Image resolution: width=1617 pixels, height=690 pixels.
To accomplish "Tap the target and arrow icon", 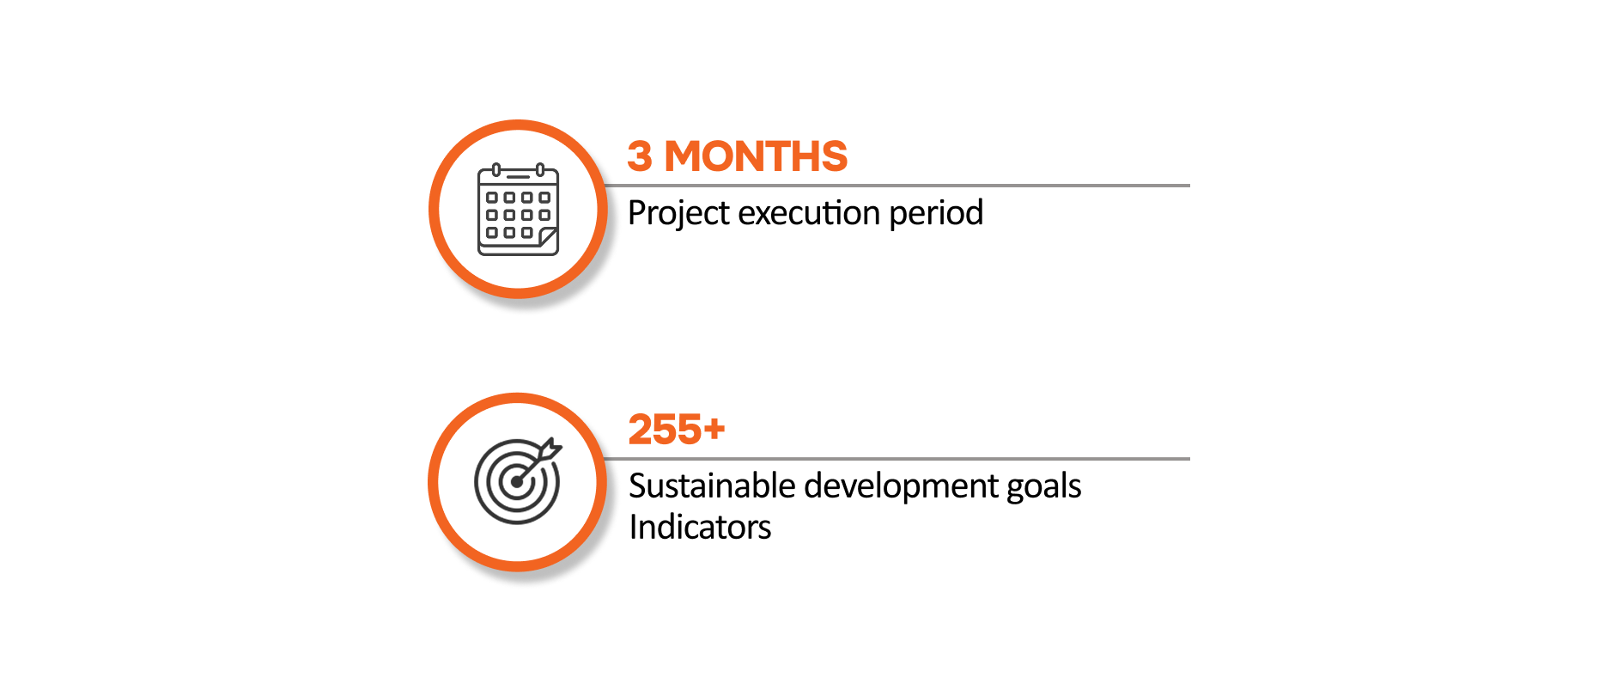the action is coord(518,480).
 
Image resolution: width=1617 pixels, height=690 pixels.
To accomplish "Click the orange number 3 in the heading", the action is coord(640,156).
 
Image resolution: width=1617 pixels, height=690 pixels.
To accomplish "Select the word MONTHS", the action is coord(756,156).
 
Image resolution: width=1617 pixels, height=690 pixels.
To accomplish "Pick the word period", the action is coord(936,213).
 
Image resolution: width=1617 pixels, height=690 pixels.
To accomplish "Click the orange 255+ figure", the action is coord(677,430).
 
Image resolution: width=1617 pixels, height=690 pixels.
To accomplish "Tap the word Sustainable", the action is coord(712,485).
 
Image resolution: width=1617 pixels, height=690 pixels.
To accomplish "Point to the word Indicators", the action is coord(700,527).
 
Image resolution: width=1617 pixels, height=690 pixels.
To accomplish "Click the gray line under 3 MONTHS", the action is coord(897,186).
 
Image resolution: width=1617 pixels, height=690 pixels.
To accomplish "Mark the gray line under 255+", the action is coord(897,459).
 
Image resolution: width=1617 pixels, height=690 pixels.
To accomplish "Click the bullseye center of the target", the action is coord(517,482).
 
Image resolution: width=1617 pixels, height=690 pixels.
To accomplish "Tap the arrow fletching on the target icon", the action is coord(550,448).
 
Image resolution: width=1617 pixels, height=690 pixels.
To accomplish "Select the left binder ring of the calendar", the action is coord(496,169).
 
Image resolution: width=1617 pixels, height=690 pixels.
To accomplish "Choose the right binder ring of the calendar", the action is coord(540,169).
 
